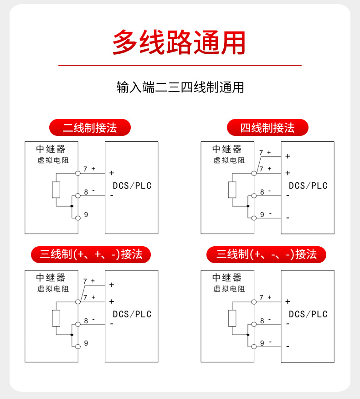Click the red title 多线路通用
(179, 42)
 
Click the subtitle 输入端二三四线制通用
(180, 87)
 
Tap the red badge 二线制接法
(90, 128)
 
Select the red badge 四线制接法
(267, 128)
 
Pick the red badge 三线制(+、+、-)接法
(91, 254)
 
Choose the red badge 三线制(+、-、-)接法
(266, 254)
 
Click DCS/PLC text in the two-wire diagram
(132, 186)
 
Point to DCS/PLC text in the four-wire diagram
(308, 186)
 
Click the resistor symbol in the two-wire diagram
(56, 190)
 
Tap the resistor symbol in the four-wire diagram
(232, 190)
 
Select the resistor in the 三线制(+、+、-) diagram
(56, 318)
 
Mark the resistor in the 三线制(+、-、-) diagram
(232, 318)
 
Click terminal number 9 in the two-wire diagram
(86, 214)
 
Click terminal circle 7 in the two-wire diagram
(78, 173)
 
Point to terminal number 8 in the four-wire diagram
(262, 192)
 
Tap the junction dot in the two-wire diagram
(72, 206)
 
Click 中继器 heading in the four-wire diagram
(227, 149)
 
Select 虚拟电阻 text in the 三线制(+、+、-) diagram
(53, 289)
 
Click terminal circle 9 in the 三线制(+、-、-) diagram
(254, 347)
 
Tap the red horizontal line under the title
(180, 65)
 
